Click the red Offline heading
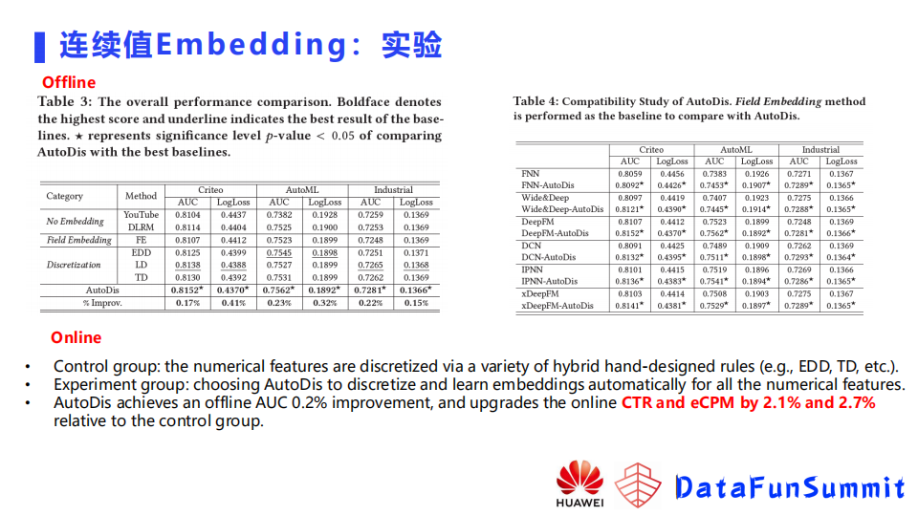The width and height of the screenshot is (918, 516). pos(69,82)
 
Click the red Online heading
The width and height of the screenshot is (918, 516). pos(76,337)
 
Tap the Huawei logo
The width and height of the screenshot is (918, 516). pos(579,484)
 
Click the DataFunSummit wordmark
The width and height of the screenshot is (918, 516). pos(789,488)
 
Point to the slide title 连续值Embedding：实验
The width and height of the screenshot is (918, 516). pos(251,44)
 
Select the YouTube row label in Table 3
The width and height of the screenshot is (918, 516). pos(141,215)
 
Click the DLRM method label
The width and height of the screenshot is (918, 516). pos(141,227)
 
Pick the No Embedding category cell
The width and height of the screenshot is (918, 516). pos(76,222)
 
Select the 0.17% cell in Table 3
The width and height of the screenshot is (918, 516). pos(187,303)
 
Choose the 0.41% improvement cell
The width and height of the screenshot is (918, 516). pos(233,303)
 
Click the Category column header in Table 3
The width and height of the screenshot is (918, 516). pos(65,196)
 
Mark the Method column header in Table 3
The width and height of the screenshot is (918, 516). pos(141,196)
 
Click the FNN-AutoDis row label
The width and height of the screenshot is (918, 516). pos(548,185)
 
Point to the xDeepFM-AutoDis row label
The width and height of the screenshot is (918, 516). pos(557,306)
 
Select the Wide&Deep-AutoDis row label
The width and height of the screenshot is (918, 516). pos(562,209)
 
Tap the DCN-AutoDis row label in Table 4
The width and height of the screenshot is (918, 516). pos(549,257)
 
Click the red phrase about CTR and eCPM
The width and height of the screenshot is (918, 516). pos(748,403)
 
